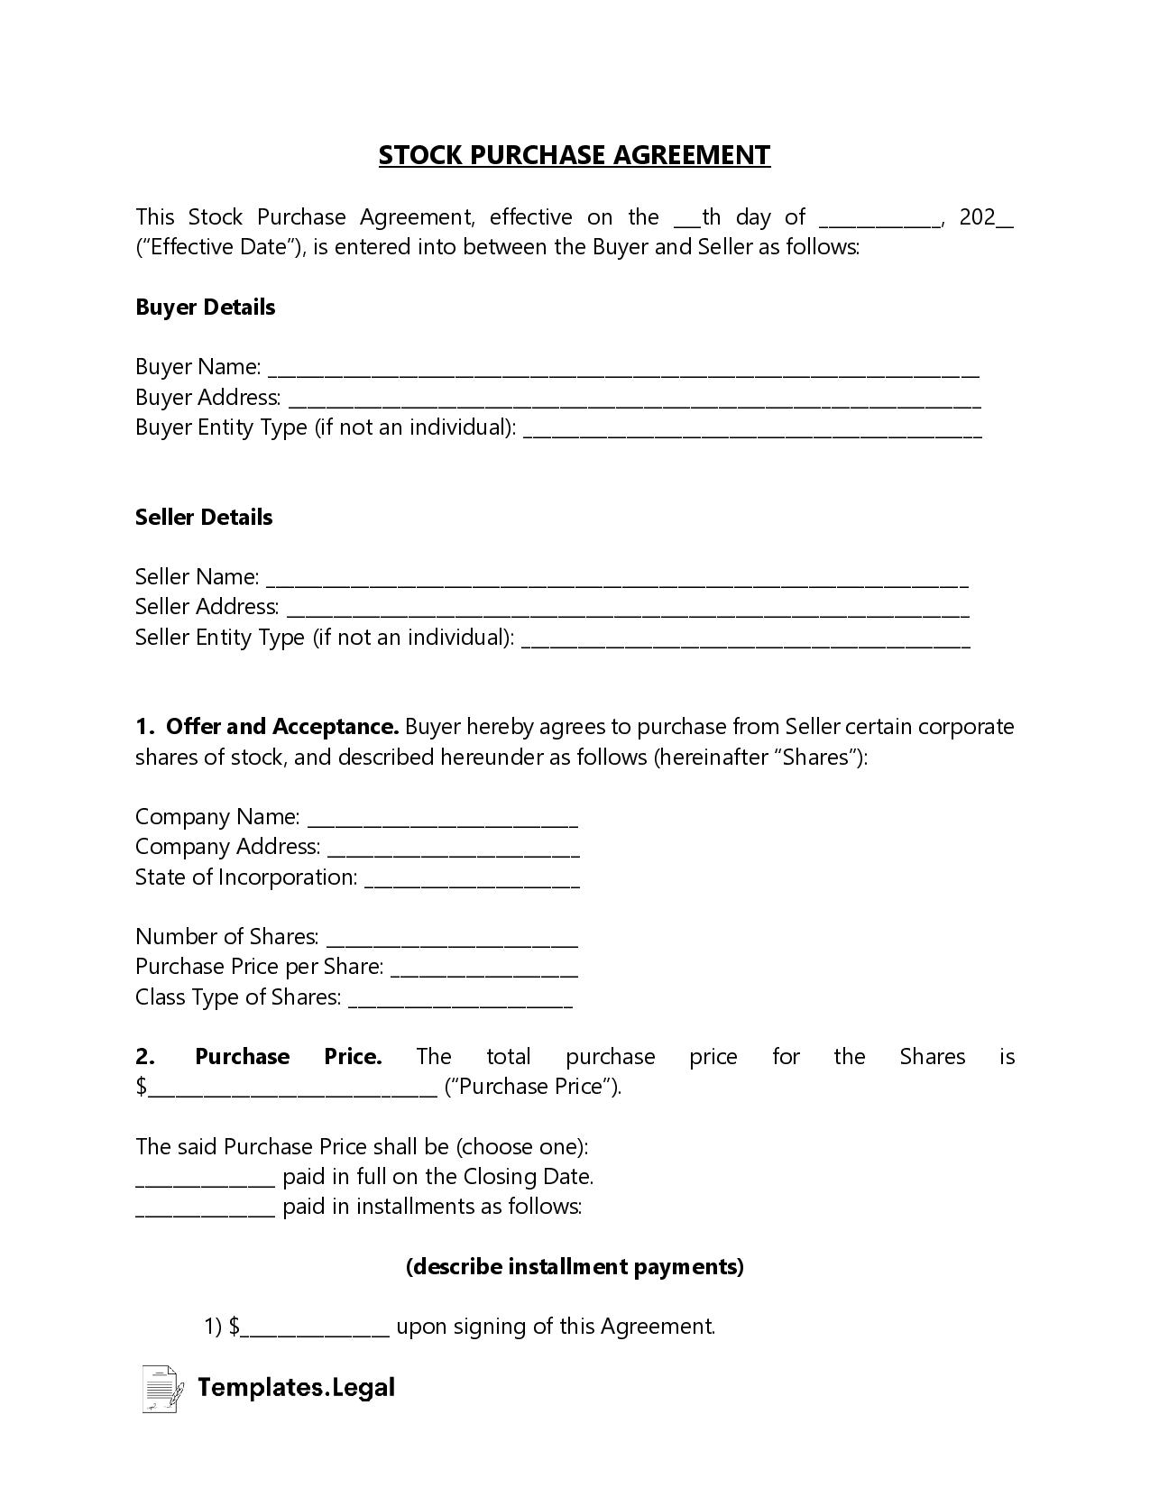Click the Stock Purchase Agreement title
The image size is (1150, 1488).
click(574, 155)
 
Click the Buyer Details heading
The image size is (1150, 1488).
click(205, 308)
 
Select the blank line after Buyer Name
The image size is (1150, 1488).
click(623, 370)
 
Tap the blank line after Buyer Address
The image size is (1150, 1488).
click(634, 400)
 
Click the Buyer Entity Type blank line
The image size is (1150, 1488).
click(752, 430)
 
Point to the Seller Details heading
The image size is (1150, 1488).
click(204, 518)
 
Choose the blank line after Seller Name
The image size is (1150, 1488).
click(617, 580)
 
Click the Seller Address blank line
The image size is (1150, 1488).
click(627, 611)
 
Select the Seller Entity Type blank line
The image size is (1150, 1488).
click(746, 640)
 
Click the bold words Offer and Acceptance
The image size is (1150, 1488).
click(282, 727)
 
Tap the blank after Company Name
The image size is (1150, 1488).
click(442, 820)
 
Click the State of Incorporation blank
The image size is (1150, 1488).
click(472, 880)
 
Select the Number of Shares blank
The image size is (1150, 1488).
click(452, 940)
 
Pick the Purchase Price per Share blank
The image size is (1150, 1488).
click(484, 970)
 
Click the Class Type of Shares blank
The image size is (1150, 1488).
click(460, 1000)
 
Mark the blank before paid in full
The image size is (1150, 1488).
click(205, 1180)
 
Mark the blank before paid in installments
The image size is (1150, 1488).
click(205, 1209)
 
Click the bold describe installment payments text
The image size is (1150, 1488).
click(575, 1267)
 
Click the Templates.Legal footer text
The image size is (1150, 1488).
click(296, 1387)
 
